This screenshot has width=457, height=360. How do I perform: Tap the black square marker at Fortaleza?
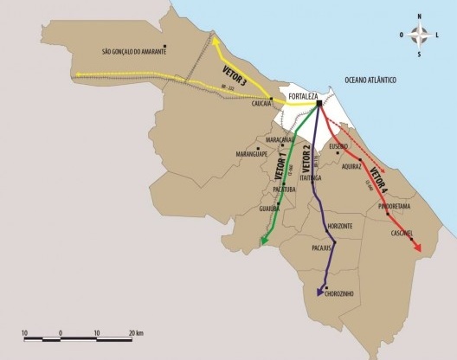[319, 105]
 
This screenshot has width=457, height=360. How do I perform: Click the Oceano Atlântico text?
[370, 80]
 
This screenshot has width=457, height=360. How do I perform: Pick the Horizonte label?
[339, 226]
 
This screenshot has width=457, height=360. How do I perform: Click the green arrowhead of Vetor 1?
[263, 242]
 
